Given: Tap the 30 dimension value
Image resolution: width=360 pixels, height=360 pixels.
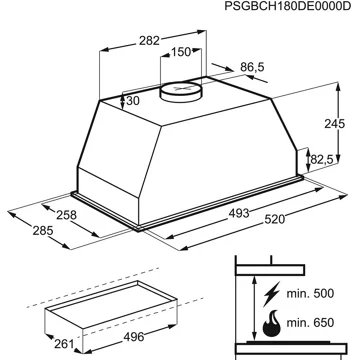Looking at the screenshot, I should click(x=132, y=100).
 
